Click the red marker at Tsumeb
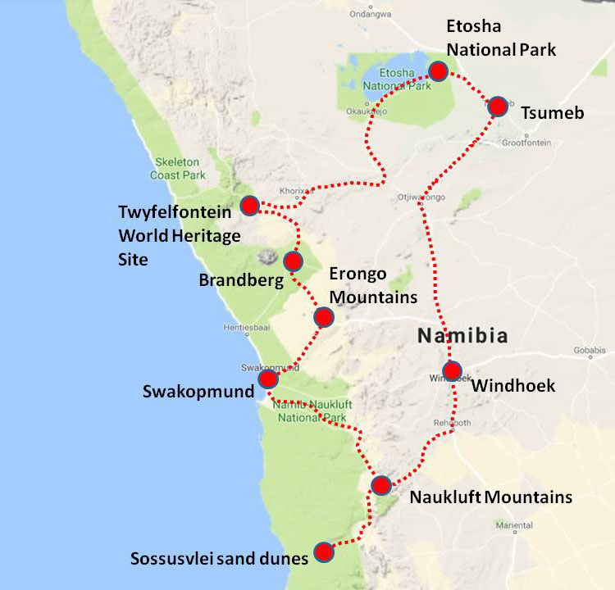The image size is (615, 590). point(497,107)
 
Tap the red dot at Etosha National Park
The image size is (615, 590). point(438,70)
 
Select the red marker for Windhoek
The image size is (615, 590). point(452,371)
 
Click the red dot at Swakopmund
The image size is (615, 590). point(268,379)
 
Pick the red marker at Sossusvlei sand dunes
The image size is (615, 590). point(325,551)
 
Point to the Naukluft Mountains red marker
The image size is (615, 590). point(380,485)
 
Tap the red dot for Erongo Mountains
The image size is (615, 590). point(324,316)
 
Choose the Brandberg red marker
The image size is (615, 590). point(293,261)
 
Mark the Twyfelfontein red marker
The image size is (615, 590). point(249,204)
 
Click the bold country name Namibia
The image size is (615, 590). point(462,335)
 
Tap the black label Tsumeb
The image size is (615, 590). point(553,113)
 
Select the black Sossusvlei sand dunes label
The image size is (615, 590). point(219,559)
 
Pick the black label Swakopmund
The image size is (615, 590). point(198,392)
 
